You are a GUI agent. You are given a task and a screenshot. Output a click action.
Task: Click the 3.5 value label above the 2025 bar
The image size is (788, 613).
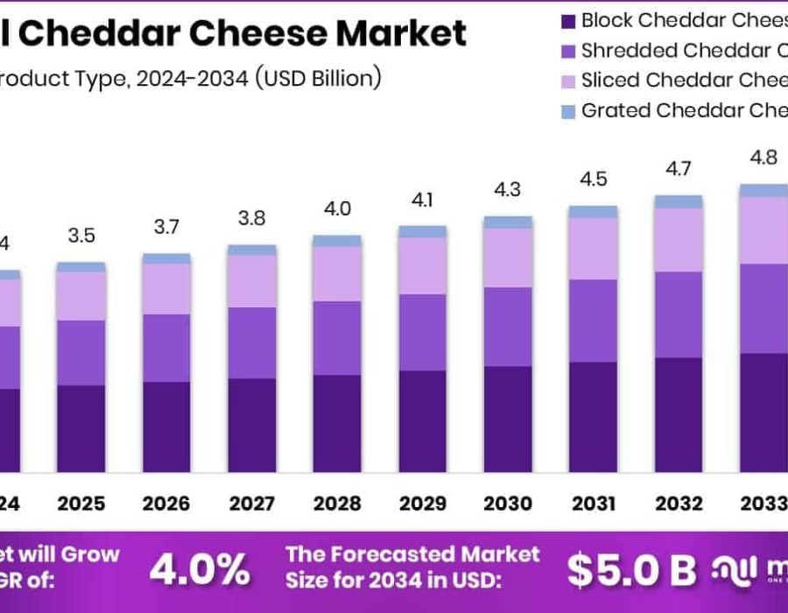pos(81,236)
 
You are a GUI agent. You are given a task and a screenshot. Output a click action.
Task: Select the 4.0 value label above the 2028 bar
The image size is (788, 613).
pos(337,209)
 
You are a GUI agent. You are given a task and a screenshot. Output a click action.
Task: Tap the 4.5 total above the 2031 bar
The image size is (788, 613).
pos(593,180)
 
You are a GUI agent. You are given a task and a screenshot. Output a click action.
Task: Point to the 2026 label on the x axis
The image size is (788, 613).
pos(166,504)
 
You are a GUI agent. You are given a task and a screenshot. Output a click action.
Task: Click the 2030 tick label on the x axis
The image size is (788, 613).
pos(508,504)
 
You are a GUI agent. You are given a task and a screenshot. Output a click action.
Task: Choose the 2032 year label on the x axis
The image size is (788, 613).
pos(679,504)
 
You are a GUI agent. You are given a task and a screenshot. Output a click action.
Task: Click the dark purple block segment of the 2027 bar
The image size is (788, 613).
pos(252,426)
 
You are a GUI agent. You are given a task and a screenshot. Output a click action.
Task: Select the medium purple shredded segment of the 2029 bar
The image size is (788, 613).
pos(423,332)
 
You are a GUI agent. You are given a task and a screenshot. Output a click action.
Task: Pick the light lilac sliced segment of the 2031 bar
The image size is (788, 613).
pos(593,249)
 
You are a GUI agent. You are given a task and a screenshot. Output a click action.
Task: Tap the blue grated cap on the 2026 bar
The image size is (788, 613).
pos(166,258)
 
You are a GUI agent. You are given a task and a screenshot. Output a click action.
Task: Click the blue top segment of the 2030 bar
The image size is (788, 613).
pos(508,222)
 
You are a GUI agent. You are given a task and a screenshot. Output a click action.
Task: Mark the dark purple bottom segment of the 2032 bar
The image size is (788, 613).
pos(679,415)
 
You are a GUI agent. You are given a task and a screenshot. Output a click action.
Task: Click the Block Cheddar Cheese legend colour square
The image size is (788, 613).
pos(566,20)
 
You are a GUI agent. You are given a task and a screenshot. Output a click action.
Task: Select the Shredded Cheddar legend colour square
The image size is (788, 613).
pos(566,51)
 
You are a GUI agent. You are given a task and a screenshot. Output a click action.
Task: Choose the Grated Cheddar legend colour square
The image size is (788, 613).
pos(566,112)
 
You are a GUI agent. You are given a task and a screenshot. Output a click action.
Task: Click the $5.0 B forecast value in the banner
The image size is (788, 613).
pos(631,571)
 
